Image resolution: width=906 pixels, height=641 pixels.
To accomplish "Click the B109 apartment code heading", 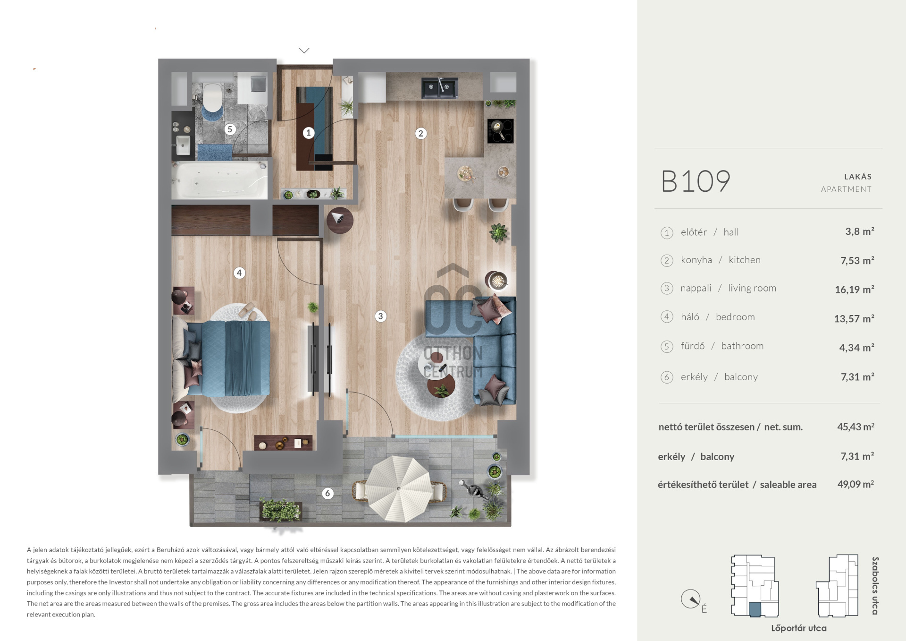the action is (x=696, y=181).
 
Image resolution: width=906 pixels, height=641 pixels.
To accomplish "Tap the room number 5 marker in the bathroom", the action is (x=230, y=129).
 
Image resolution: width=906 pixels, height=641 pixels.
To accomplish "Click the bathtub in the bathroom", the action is (x=219, y=180).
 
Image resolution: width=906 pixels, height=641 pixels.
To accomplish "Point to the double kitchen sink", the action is (x=439, y=88).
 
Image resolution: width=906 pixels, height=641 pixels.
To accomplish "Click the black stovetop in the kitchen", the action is (x=500, y=130).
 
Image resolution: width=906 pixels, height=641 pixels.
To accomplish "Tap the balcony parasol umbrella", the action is (x=399, y=488).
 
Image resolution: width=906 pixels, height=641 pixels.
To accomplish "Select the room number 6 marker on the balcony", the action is (x=327, y=494).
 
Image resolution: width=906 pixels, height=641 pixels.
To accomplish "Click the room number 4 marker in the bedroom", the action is (x=239, y=273).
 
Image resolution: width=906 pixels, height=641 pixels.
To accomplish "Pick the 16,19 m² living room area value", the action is (x=854, y=290).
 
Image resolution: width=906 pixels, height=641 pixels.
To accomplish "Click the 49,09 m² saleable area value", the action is (x=856, y=484).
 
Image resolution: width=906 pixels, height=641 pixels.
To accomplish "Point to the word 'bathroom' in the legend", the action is (x=742, y=346).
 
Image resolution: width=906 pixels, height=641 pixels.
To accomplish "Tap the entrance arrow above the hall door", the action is (x=304, y=51).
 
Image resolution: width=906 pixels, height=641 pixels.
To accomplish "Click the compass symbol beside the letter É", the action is (x=691, y=599).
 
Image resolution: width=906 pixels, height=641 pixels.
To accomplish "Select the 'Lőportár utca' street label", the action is (x=799, y=628).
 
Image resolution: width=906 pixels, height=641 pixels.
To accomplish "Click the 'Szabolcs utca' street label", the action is (x=875, y=586).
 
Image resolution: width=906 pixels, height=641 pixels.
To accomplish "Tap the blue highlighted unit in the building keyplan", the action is (x=755, y=609).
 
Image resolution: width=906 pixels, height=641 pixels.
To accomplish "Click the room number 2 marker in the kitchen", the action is (x=421, y=134).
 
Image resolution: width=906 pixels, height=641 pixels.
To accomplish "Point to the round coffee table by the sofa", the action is (x=441, y=386).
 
